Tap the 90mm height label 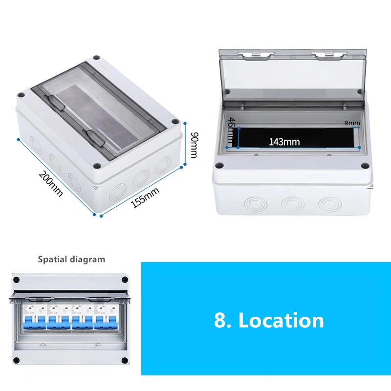click(194, 145)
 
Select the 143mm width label click(284, 142)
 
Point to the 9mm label click(352, 123)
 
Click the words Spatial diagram click(71, 259)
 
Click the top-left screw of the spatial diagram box click(16, 280)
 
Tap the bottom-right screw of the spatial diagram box click(125, 361)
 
